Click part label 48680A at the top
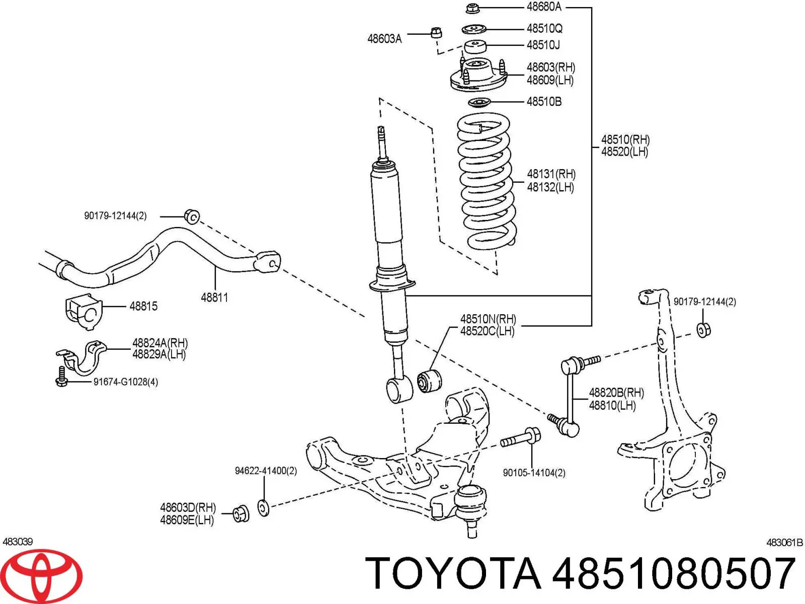pos(543,7)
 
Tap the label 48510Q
pos(544,29)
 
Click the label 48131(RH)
pos(551,174)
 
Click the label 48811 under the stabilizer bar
pos(214,297)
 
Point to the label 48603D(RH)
pos(188,507)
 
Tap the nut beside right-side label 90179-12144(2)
pos(704,330)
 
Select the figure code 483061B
pos(784,543)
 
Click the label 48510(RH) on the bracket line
pos(625,139)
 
